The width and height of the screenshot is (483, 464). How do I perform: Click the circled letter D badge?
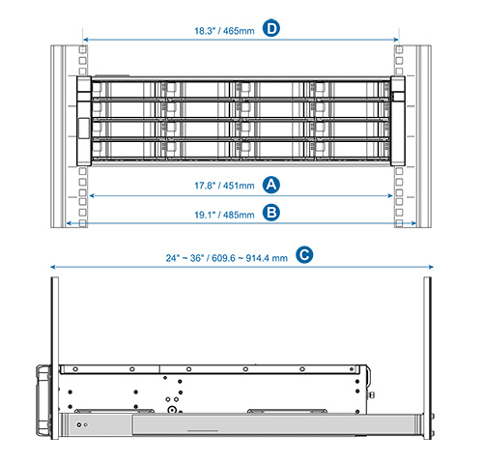click(x=271, y=28)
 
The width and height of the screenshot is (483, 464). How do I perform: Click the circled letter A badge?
click(x=271, y=185)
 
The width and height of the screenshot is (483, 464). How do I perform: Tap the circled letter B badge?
click(x=271, y=213)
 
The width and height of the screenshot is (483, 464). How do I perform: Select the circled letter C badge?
click(x=304, y=255)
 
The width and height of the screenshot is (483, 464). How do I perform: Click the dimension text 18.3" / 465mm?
click(x=224, y=31)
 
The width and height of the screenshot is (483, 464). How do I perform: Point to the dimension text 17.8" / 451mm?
click(x=224, y=186)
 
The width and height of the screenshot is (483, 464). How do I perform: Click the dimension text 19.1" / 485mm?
click(x=224, y=215)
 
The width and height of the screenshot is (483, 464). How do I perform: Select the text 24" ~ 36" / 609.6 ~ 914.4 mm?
click(x=226, y=258)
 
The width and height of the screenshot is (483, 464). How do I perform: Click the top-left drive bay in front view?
click(x=124, y=90)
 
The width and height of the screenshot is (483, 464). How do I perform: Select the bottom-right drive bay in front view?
click(x=353, y=150)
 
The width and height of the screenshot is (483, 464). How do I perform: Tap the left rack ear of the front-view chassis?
click(x=84, y=121)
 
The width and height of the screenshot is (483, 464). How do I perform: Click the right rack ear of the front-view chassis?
click(x=398, y=121)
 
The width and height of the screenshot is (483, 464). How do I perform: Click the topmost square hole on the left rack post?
click(x=83, y=49)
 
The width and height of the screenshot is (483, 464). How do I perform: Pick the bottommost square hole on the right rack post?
click(x=399, y=223)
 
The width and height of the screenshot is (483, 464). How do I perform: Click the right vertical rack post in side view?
click(x=427, y=358)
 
